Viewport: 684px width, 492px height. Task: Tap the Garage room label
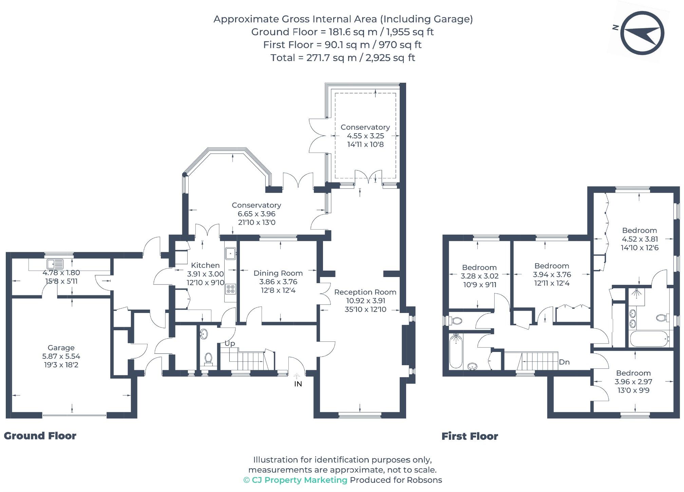coord(61,348)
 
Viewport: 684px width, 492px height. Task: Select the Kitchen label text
coord(205,265)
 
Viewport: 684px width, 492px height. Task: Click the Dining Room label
coord(278,273)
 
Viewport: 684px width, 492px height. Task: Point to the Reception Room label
coord(365,292)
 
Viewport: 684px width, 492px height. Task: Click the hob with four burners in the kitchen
coord(231,289)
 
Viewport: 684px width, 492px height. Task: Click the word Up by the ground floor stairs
coord(230,343)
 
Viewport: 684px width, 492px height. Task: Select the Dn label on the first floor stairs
coord(564,362)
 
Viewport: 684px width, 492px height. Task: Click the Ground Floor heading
coord(40,436)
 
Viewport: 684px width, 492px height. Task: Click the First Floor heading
coord(470,436)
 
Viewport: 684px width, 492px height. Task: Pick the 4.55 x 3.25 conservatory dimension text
coord(365,136)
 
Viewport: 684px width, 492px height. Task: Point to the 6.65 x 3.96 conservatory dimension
coord(256,214)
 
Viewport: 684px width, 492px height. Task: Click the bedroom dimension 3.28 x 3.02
coord(479,276)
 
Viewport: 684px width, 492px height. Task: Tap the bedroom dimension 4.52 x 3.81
coord(639,239)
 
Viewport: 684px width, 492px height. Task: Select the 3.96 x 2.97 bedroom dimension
coord(633,381)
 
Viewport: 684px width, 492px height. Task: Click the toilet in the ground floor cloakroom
coord(208,358)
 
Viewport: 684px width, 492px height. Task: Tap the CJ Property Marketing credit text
coord(296,480)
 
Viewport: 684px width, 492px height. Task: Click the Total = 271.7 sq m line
coord(343,58)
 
